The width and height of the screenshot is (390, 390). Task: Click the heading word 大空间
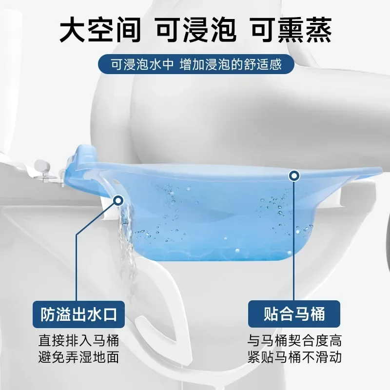click(100, 31)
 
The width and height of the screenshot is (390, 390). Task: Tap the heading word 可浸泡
click(195, 31)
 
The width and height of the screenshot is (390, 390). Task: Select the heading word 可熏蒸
click(291, 31)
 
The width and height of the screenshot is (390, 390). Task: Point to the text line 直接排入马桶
click(78, 340)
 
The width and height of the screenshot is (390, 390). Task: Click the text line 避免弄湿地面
click(78, 357)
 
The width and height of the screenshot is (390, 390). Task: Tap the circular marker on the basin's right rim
click(294, 175)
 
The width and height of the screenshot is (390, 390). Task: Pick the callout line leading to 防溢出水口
click(77, 263)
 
